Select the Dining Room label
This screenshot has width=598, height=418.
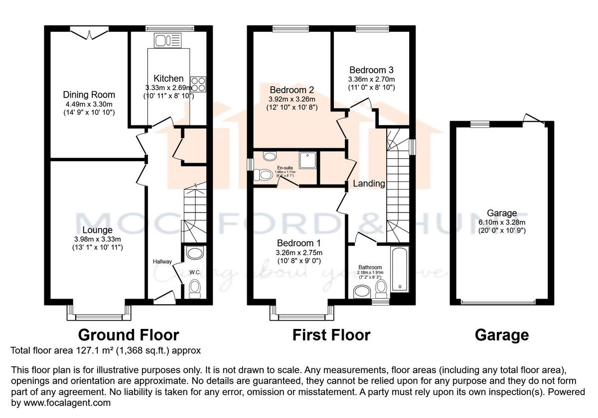pyautogui.click(x=89, y=95)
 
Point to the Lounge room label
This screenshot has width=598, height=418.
pyautogui.click(x=98, y=230)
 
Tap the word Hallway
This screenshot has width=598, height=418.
pyautogui.click(x=162, y=262)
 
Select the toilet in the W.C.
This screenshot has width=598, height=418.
pyautogui.click(x=194, y=287)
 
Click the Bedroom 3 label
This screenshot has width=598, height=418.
pyautogui.click(x=371, y=70)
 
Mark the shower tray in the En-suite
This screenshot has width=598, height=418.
pyautogui.click(x=306, y=160)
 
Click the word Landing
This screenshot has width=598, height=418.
pyautogui.click(x=369, y=184)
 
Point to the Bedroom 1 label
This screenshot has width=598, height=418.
pyautogui.click(x=299, y=243)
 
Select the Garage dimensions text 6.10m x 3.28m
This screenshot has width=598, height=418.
pyautogui.click(x=502, y=222)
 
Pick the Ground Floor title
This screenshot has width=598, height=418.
pyautogui.click(x=128, y=335)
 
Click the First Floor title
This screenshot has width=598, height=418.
pyautogui.click(x=331, y=335)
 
